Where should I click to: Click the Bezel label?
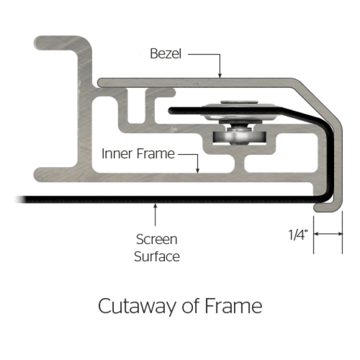pos(166,53)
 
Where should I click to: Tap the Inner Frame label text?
pos(138,153)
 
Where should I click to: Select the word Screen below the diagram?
pos(157,239)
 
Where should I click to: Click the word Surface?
pos(157,256)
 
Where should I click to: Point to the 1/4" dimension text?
pos(298,235)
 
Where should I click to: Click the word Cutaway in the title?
pos(137,306)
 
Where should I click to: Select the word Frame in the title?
pos(233,306)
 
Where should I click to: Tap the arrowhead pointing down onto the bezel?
pos(220,75)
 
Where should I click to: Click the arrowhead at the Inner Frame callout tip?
pos(198,170)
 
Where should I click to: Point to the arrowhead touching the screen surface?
pos(155,206)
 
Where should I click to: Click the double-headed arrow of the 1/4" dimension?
pos(328,234)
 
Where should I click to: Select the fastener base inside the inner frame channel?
pos(239,137)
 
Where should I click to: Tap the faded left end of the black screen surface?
pos(20,199)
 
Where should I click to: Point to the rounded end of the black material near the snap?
pos(171,111)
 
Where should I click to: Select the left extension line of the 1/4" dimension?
pos(314,235)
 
